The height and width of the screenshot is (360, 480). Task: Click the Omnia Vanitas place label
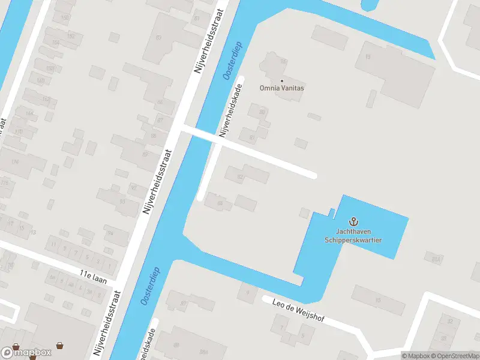[x=281, y=88]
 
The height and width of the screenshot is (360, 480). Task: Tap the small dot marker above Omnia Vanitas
[x=281, y=80]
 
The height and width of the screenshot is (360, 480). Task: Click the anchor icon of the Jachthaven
[x=353, y=222]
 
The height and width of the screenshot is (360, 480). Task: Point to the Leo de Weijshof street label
[x=298, y=310]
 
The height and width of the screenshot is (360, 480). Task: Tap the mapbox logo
[x=26, y=352]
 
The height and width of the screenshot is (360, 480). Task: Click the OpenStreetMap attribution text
[x=455, y=356]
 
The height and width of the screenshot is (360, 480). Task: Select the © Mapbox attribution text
[x=415, y=356]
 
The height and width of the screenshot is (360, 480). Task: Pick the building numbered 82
[x=241, y=177]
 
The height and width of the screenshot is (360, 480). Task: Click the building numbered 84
[x=220, y=204]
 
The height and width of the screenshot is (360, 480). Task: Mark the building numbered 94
[x=109, y=233]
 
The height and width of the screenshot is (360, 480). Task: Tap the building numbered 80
[x=262, y=112]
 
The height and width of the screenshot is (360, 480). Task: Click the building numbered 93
[x=122, y=202]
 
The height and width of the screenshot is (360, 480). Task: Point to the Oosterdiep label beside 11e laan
[x=149, y=286]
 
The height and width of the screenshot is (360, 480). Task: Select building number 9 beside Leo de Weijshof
[x=247, y=293]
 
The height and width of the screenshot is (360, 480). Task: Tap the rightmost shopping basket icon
[x=59, y=346]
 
